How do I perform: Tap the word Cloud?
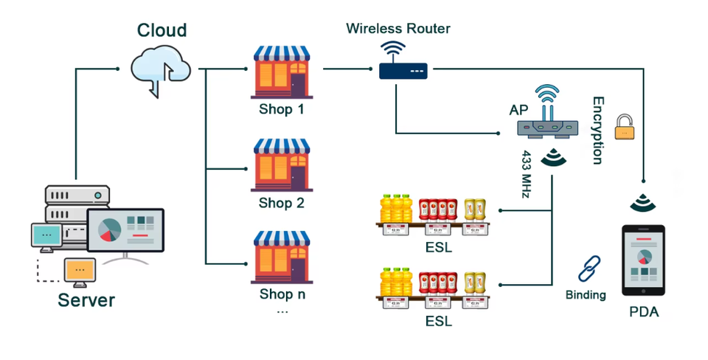[162, 30]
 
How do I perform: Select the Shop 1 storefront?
[282, 72]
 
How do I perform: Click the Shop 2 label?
[281, 203]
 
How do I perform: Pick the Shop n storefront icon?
[282, 257]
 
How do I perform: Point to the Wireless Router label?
[398, 29]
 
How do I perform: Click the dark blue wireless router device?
[403, 60]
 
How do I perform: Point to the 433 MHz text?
[526, 174]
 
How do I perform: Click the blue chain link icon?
[589, 269]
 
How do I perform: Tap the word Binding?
[586, 295]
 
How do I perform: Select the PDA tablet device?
[643, 260]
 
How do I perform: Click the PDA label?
[644, 311]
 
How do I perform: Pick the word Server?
[86, 300]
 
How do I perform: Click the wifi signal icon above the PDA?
[643, 203]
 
